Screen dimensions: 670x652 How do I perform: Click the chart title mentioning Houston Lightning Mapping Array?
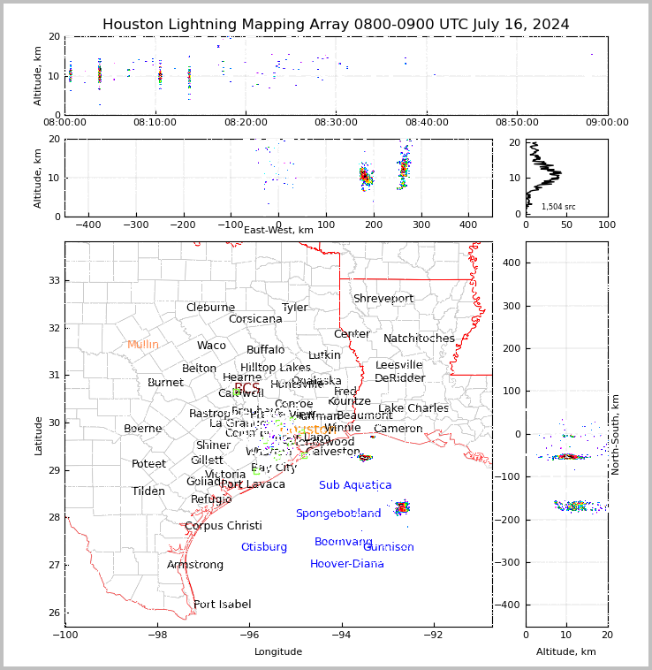click(x=336, y=25)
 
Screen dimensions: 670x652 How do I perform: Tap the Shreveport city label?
click(x=383, y=299)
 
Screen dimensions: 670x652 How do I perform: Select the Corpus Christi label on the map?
click(x=223, y=526)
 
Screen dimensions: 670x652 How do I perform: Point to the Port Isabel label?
click(x=222, y=605)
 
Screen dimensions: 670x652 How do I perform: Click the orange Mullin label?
click(x=143, y=345)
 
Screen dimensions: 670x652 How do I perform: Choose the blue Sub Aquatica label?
click(x=355, y=485)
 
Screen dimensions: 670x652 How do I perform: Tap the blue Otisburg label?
click(x=263, y=547)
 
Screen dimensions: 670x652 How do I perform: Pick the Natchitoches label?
click(x=419, y=339)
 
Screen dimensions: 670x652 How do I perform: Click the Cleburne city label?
click(x=210, y=308)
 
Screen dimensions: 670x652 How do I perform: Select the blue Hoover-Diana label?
click(x=346, y=564)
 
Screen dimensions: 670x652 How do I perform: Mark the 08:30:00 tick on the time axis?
click(x=336, y=122)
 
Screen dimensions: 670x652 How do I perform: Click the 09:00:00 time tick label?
click(x=607, y=122)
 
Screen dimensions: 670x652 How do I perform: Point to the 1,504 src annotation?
click(x=558, y=207)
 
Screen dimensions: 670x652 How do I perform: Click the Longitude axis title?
click(x=278, y=651)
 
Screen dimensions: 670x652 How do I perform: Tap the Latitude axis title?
click(x=38, y=435)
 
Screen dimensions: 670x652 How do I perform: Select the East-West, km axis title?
click(x=278, y=230)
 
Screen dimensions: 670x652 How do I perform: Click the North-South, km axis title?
click(x=616, y=435)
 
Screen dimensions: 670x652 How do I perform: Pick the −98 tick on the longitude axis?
click(x=157, y=635)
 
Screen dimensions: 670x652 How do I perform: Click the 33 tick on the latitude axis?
click(x=52, y=281)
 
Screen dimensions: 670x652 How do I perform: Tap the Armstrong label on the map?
click(x=195, y=565)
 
